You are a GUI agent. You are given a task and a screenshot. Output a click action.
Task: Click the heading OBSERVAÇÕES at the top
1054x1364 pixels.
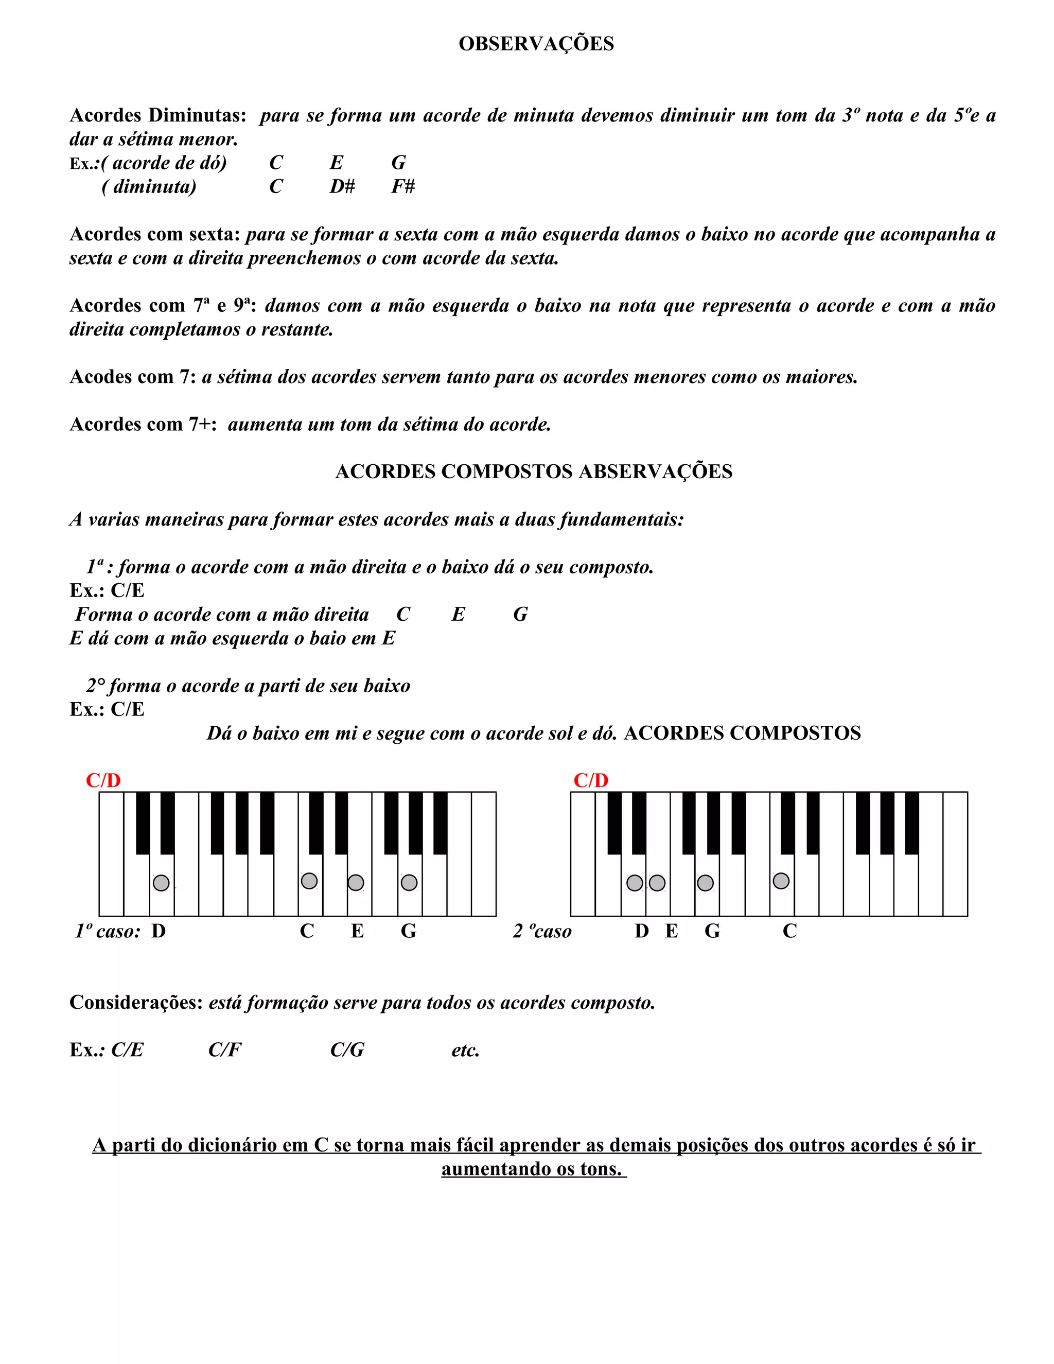[536, 44]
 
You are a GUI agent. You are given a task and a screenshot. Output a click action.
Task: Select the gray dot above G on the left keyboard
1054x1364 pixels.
[409, 882]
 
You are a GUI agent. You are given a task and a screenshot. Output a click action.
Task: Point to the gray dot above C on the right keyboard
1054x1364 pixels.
[781, 881]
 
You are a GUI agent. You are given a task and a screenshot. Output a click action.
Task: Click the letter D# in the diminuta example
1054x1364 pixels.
[342, 186]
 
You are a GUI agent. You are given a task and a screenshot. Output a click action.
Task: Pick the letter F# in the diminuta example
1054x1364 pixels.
[403, 186]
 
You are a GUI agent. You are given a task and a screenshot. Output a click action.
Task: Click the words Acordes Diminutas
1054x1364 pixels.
[157, 115]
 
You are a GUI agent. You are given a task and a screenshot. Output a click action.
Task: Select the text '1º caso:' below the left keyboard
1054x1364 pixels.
[108, 931]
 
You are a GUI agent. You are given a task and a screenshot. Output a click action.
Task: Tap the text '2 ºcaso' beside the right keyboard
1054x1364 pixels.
[542, 931]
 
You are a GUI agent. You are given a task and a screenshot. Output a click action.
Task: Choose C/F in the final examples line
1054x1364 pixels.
[225, 1050]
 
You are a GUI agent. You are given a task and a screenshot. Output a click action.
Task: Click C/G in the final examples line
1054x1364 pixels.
[347, 1050]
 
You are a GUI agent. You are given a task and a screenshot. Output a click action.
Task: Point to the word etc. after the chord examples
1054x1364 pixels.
[465, 1050]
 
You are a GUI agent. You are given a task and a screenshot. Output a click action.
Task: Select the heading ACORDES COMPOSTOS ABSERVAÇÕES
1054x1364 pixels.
[534, 471]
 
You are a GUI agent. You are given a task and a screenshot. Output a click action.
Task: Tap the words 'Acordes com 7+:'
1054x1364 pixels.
[143, 424]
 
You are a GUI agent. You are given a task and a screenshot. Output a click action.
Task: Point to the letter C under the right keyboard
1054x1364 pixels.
[790, 931]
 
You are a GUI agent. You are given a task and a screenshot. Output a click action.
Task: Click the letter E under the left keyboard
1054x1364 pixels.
[357, 931]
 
